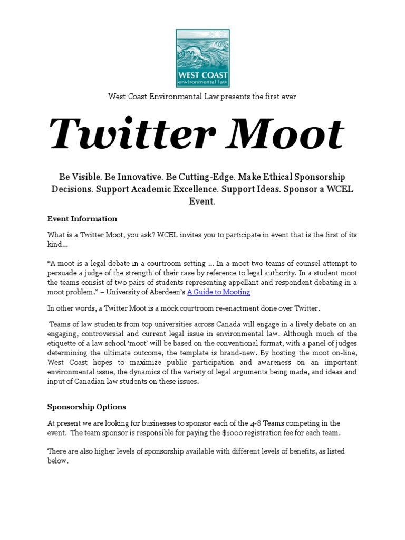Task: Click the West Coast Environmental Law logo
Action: [x=202, y=58]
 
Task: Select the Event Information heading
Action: [x=82, y=219]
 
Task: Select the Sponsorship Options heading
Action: [x=86, y=407]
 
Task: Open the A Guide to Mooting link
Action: [x=218, y=292]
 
